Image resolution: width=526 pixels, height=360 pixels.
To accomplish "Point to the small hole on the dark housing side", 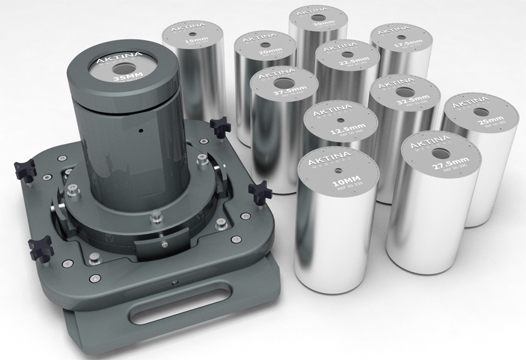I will coord(141,131).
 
